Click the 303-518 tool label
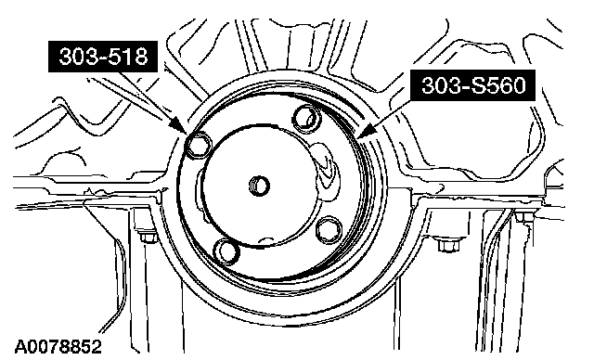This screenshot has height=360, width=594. pyautogui.click(x=103, y=57)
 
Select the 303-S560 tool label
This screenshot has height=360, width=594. pyautogui.click(x=473, y=84)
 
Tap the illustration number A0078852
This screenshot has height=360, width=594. pyautogui.click(x=58, y=347)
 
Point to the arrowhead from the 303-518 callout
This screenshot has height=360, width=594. pyautogui.click(x=179, y=125)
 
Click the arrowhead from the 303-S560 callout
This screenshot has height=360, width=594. pyautogui.click(x=367, y=131)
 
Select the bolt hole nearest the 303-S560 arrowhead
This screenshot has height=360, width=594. pyautogui.click(x=307, y=118)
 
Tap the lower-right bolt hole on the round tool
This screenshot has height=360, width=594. pyautogui.click(x=328, y=230)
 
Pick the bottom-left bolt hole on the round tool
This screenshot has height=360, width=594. pyautogui.click(x=226, y=251)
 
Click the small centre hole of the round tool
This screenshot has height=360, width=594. pyautogui.click(x=260, y=186)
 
